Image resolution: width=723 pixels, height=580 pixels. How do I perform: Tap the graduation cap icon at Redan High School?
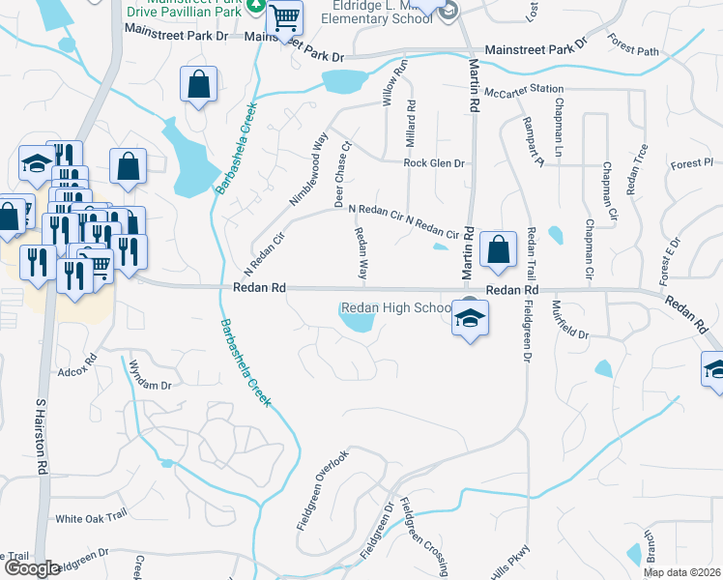tap(469, 318)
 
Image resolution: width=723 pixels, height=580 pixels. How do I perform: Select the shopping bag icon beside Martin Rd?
tap(497, 250)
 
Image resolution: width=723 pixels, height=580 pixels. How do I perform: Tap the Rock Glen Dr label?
tap(434, 163)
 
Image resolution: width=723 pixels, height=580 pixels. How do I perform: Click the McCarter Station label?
tap(524, 90)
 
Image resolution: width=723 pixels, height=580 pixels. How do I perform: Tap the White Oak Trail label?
tap(91, 518)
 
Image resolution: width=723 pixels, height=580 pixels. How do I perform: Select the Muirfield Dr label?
tap(569, 320)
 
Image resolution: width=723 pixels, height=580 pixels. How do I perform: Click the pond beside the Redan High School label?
tap(357, 322)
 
